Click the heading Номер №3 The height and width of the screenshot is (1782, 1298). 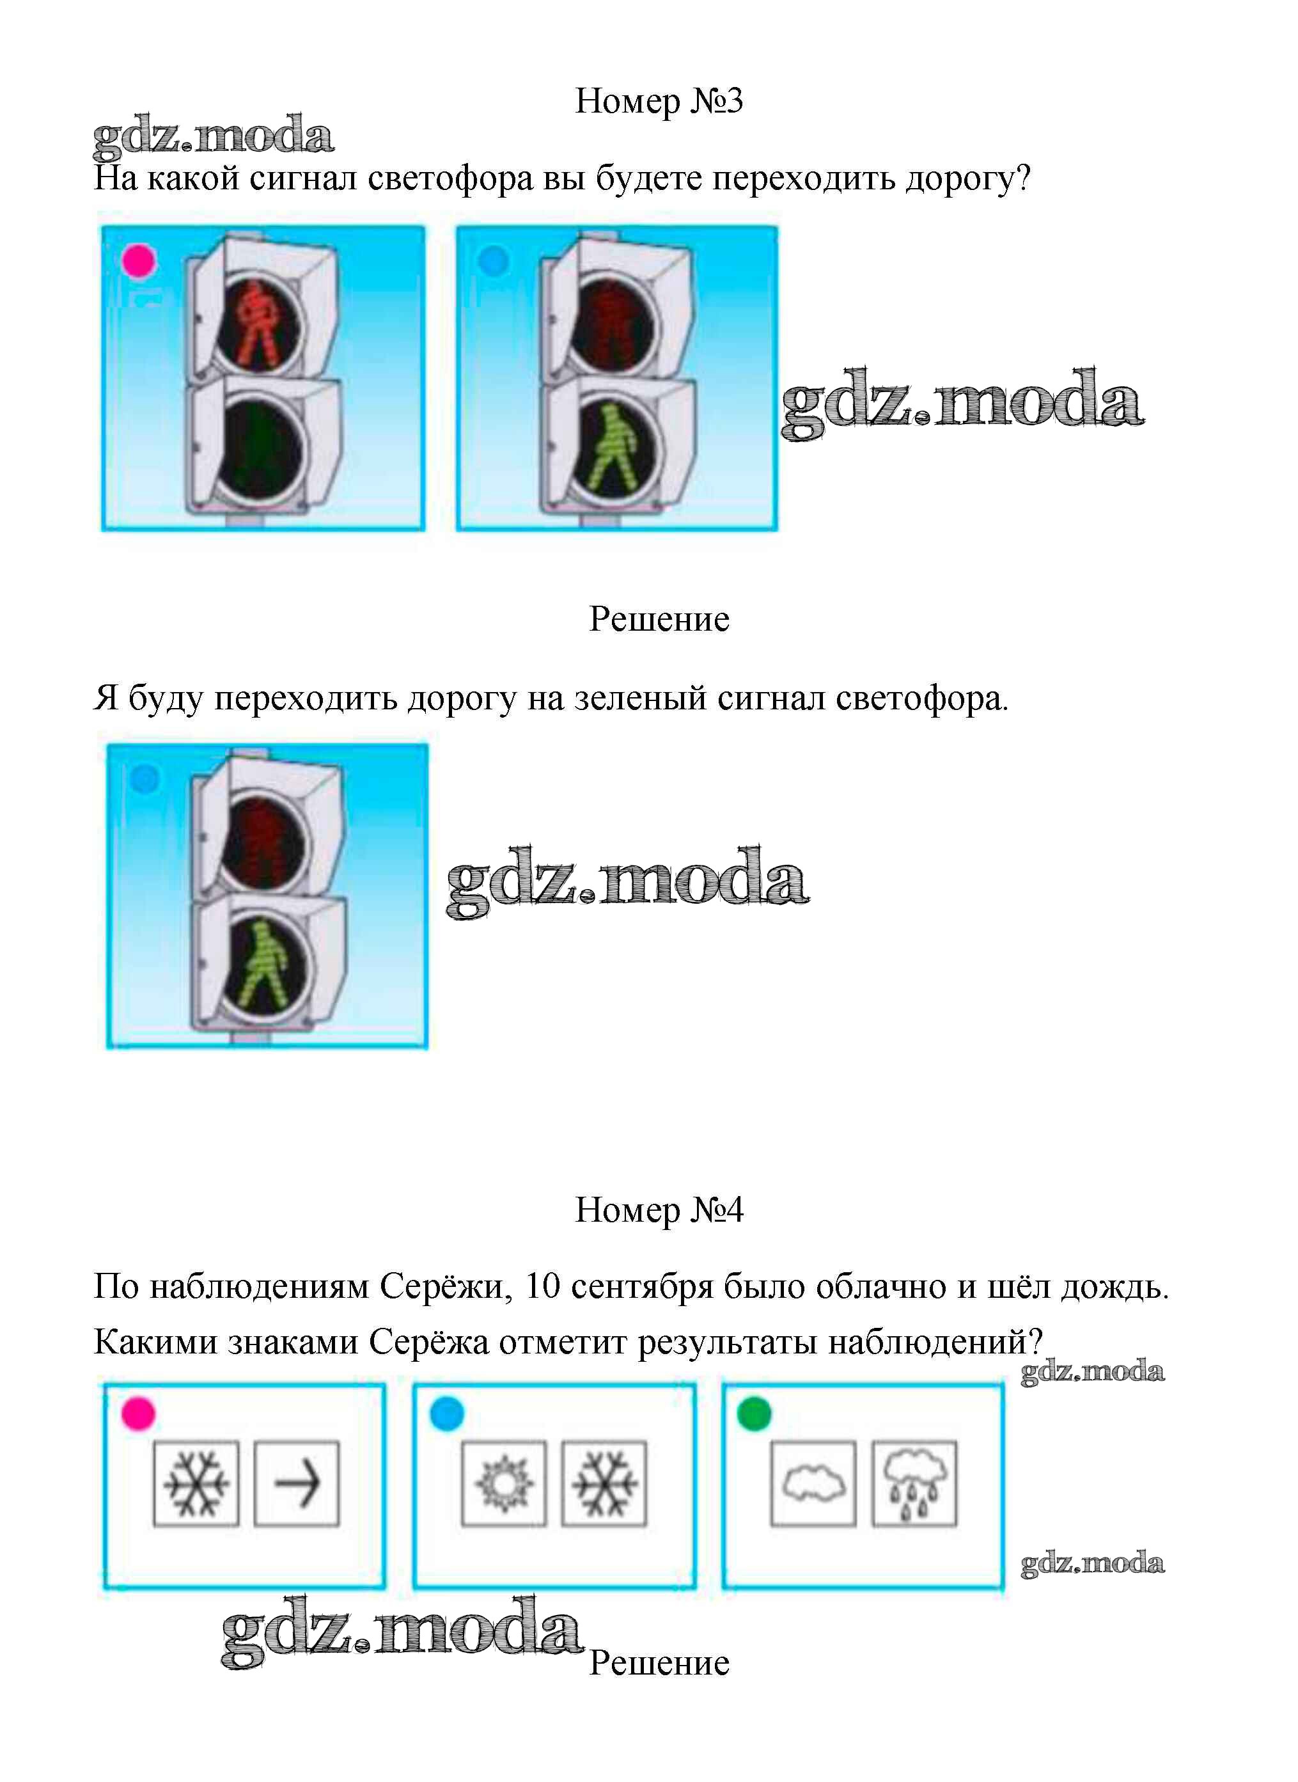659,102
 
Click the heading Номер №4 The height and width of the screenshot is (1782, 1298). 659,1210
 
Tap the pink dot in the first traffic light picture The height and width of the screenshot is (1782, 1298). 139,261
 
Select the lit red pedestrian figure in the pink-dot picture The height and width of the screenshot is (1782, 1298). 258,323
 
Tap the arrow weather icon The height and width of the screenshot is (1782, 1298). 297,1483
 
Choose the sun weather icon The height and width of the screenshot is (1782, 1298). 504,1483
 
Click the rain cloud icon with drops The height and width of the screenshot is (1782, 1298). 914,1483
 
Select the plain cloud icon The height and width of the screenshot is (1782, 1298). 813,1483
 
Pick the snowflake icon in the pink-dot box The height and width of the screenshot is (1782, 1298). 196,1483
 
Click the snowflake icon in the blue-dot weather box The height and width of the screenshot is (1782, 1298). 604,1483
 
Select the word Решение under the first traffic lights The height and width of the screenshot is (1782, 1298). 659,619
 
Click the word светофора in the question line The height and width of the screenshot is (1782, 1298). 450,179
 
